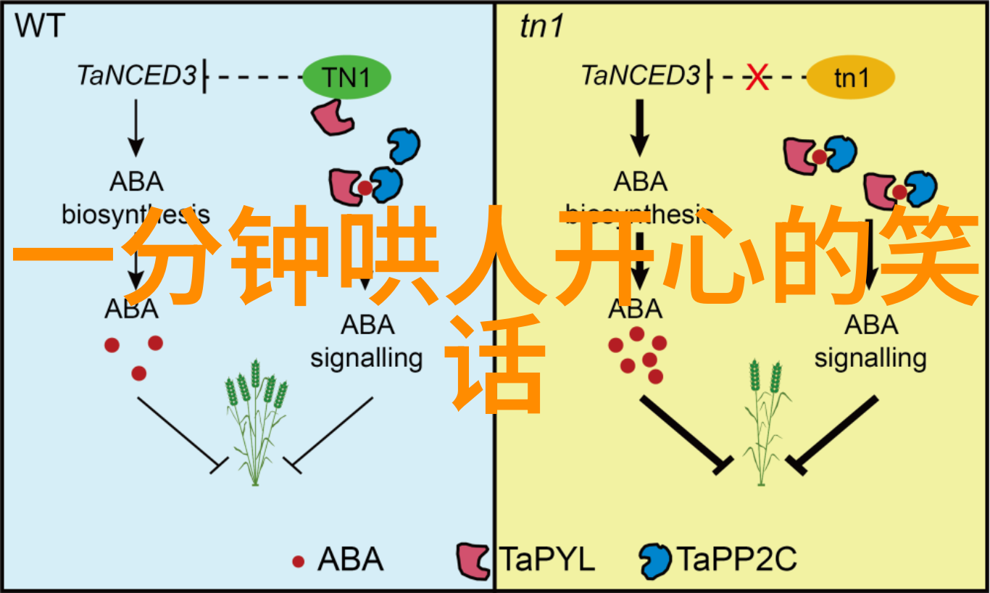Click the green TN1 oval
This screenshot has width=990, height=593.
(346, 78)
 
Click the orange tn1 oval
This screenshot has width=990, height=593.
(850, 78)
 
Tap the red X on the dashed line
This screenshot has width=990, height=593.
(757, 77)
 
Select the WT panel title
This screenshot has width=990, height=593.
(40, 27)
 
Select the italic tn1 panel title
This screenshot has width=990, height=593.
(541, 27)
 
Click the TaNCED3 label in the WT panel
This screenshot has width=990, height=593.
(136, 75)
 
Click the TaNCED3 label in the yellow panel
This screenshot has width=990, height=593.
(640, 75)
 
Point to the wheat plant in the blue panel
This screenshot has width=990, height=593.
(254, 420)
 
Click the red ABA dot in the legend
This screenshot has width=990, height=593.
(298, 560)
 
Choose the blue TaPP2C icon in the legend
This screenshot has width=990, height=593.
(655, 560)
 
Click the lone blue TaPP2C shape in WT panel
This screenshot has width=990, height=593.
(403, 145)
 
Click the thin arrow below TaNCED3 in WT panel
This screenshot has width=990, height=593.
(135, 128)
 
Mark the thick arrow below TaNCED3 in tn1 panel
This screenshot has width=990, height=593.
(638, 128)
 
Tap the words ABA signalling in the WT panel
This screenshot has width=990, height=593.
(367, 341)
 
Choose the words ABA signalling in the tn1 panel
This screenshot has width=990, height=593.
(870, 341)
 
